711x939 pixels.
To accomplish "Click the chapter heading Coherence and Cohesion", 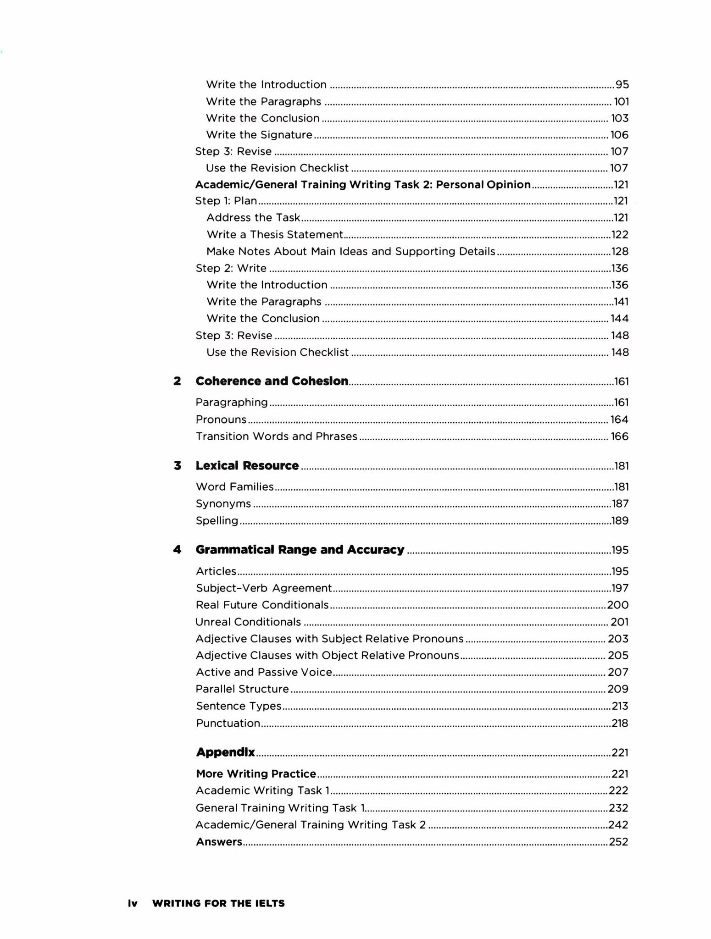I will [x=272, y=381].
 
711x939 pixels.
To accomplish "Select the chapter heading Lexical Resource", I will [x=247, y=465].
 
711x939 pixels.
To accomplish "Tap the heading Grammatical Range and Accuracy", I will [x=300, y=549].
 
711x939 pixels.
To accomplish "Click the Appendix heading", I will [x=225, y=752].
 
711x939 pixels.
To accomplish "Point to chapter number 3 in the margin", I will [x=178, y=465].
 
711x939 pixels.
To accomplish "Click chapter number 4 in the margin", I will [x=177, y=549].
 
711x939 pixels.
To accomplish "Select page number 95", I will [x=622, y=84].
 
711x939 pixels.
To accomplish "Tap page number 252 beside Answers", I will [x=618, y=841].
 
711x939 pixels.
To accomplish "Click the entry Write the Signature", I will [x=259, y=135].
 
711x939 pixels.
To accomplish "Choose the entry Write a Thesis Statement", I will [x=275, y=235].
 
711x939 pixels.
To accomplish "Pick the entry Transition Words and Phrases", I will [x=277, y=436].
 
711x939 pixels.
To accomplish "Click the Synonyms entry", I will [x=223, y=503].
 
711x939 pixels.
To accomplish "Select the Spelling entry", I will [x=217, y=520].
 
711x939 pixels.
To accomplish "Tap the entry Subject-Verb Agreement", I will [x=264, y=588].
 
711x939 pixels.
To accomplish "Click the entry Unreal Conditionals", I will [x=248, y=622].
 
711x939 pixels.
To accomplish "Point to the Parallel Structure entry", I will [x=242, y=689].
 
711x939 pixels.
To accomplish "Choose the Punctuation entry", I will [x=228, y=723].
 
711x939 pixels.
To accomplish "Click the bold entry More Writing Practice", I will [x=256, y=773].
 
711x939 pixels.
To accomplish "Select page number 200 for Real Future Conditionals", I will [x=617, y=605].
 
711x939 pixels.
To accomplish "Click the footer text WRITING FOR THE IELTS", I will [x=218, y=903].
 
